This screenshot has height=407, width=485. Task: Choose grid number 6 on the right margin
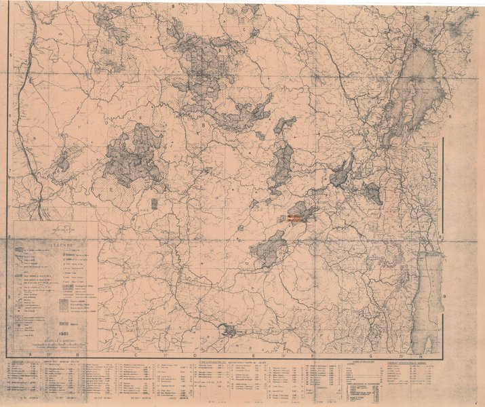tap(450, 117)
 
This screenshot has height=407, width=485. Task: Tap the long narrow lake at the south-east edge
tap(425, 298)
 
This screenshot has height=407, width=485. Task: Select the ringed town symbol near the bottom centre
tap(229, 330)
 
